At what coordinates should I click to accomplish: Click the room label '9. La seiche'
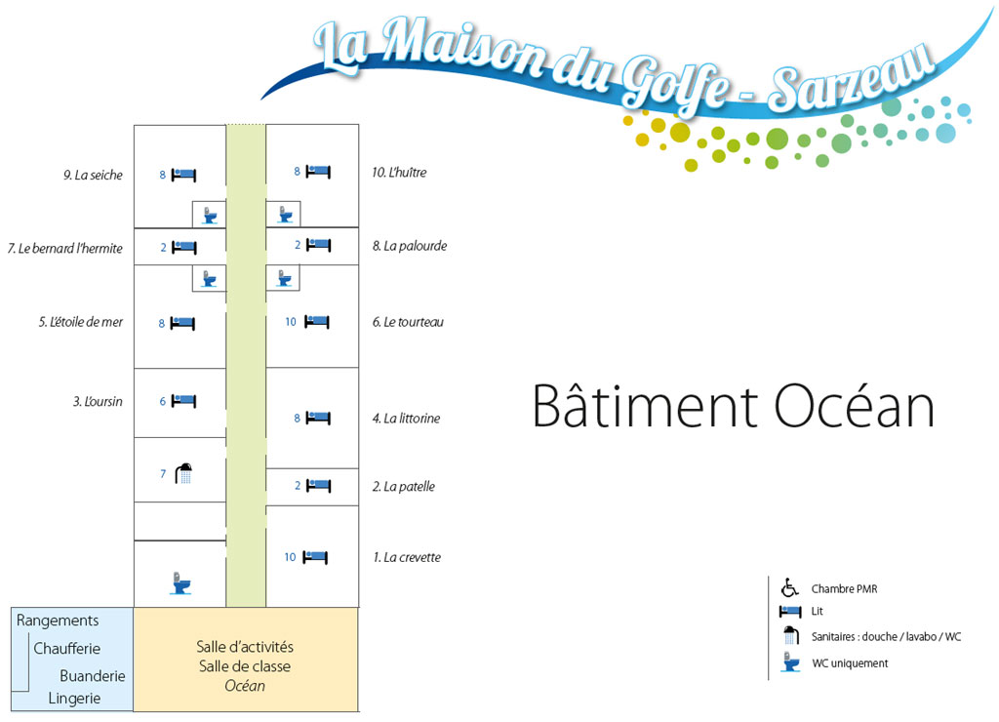click(94, 176)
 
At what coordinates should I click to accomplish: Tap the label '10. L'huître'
click(399, 173)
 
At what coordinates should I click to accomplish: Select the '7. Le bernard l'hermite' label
click(65, 249)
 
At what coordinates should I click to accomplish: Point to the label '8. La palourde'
click(410, 246)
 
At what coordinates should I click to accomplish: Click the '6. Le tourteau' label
click(408, 322)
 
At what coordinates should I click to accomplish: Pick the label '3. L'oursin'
click(98, 401)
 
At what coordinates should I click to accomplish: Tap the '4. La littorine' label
click(406, 419)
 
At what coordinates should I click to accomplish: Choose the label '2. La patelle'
click(403, 487)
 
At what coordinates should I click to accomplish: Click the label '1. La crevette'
click(407, 558)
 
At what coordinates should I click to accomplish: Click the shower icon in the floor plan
click(183, 474)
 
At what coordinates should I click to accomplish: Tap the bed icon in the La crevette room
click(315, 557)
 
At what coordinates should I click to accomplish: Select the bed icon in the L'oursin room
click(183, 400)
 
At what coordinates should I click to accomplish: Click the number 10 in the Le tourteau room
click(291, 322)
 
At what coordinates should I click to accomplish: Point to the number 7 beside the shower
click(163, 475)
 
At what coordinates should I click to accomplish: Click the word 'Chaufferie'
click(67, 649)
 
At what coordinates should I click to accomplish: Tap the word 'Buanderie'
click(92, 675)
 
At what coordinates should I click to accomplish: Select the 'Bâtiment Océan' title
click(733, 407)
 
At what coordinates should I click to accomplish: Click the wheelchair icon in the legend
click(789, 587)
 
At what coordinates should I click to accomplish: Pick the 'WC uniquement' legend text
click(850, 663)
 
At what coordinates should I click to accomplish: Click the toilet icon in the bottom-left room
click(180, 582)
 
